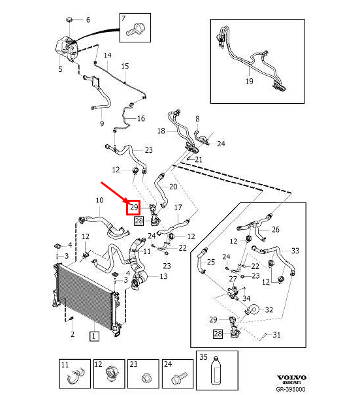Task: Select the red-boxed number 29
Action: point(134,208)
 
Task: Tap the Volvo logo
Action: point(291,377)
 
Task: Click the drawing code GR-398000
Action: point(291,389)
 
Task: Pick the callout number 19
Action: point(249,82)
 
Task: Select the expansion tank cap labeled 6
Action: point(70,20)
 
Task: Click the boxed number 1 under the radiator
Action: point(94,336)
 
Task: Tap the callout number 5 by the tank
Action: point(60,69)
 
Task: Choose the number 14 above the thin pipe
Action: point(108,55)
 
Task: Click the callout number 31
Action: point(276,335)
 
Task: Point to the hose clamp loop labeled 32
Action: point(253,310)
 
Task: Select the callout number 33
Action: point(295,251)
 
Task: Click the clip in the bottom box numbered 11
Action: point(75,376)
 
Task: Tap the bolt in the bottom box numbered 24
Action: point(179,378)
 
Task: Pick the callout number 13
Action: point(163,276)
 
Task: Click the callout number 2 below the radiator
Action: point(73,334)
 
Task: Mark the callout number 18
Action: point(161,131)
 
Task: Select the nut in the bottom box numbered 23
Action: point(146,379)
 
